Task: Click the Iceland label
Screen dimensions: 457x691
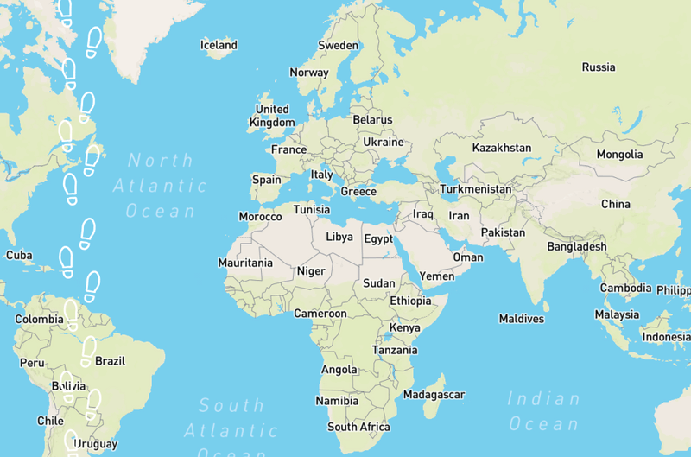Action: click(219, 45)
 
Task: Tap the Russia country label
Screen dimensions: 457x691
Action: click(599, 67)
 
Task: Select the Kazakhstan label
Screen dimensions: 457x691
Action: click(502, 148)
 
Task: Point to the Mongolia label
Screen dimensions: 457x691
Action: click(619, 155)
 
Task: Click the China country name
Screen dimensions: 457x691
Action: click(616, 205)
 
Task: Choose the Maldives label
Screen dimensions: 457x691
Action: click(522, 319)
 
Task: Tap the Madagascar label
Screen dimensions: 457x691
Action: click(434, 395)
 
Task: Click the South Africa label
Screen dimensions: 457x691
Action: click(358, 427)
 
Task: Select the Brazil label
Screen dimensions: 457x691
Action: click(111, 361)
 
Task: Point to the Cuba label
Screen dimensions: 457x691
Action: click(19, 256)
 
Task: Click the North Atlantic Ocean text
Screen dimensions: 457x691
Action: click(161, 185)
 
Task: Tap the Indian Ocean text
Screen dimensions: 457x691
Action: click(544, 411)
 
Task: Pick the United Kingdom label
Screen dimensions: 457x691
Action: click(272, 116)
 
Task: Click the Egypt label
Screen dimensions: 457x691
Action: click(378, 238)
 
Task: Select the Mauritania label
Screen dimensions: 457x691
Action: click(245, 263)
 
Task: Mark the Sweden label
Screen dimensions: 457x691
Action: click(338, 45)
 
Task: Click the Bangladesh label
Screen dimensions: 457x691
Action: click(577, 247)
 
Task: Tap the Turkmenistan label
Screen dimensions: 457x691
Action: click(475, 188)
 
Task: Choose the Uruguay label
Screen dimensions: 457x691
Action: click(95, 445)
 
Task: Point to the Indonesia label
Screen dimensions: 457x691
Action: click(666, 336)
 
